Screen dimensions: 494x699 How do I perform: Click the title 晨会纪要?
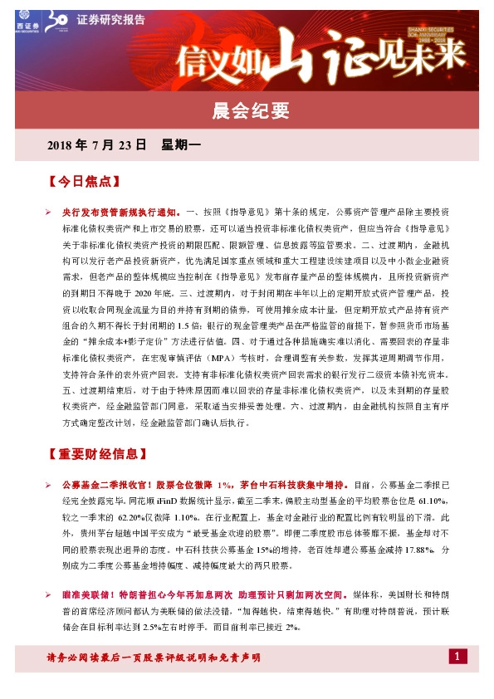247,110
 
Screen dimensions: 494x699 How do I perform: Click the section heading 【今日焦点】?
85,180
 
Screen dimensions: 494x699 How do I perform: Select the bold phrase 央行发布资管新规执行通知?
120,213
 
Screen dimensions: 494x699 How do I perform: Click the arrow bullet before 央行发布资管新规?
50,213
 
